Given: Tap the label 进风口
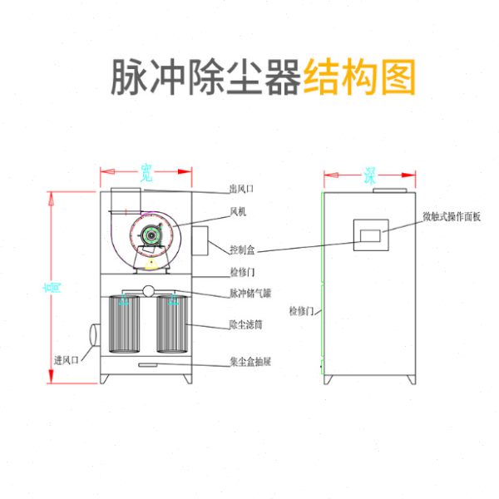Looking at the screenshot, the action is tap(66, 359).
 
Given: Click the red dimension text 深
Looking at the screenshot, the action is tap(369, 175).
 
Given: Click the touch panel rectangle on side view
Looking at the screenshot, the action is tap(369, 235).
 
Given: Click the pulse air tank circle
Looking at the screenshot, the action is tap(149, 291).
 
